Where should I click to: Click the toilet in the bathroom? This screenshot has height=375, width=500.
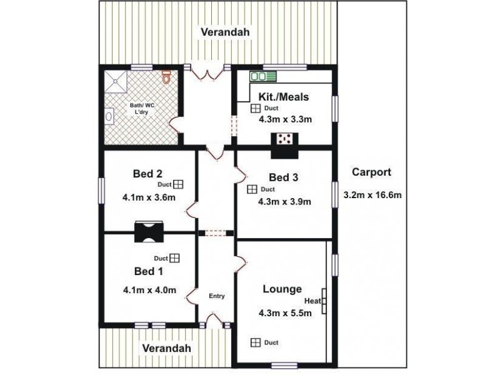pos(167,76)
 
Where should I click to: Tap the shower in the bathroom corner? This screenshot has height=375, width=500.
pos(116,81)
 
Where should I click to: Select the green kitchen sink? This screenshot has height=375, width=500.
pos(263,76)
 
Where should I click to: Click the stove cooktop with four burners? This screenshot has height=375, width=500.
pos(284,139)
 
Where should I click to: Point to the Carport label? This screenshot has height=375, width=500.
pos(371,172)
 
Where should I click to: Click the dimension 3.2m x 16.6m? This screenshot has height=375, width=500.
pos(372,195)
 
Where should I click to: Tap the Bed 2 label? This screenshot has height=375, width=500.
pos(147,174)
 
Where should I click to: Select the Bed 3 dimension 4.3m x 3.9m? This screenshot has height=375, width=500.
pos(284,201)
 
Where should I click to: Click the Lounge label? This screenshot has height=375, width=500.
pos(282,289)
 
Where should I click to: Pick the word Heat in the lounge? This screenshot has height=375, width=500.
pos(312,301)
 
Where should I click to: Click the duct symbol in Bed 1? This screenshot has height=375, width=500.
pos(174,258)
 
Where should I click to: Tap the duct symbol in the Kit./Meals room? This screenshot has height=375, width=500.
pos(256,108)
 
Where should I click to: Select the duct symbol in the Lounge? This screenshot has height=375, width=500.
pos(256,342)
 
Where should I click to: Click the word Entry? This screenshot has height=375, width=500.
pos(217,296)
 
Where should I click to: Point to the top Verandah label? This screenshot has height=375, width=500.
pos(225,32)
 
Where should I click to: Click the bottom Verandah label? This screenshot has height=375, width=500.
pos(166,348)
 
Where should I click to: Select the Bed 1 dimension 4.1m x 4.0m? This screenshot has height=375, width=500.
pos(149,290)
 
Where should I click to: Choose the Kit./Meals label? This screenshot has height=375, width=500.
pos(284,97)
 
